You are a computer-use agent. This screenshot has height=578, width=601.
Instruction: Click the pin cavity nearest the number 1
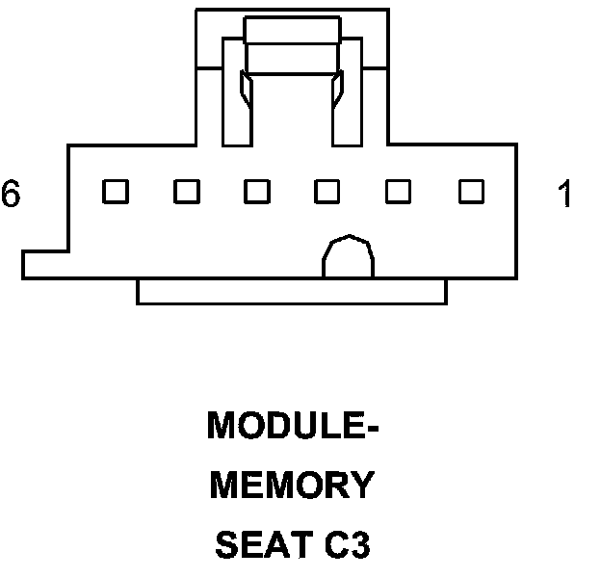click(470, 192)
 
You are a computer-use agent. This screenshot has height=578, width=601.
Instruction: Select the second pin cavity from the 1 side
click(399, 192)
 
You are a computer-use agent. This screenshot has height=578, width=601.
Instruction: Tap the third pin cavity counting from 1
click(328, 192)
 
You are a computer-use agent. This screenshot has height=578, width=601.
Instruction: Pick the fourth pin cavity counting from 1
click(257, 192)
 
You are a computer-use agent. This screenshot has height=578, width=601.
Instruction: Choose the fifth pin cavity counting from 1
click(186, 192)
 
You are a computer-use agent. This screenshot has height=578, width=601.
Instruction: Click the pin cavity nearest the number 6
click(116, 192)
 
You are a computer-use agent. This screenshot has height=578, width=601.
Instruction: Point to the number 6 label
click(11, 194)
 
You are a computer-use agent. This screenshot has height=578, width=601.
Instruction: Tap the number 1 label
click(565, 194)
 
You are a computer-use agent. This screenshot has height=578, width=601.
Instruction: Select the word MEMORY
click(292, 486)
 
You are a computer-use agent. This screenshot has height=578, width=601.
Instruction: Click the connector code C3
click(345, 546)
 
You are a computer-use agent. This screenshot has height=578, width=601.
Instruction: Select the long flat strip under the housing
click(292, 291)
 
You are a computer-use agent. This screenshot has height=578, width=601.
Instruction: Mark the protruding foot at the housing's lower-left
click(43, 265)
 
